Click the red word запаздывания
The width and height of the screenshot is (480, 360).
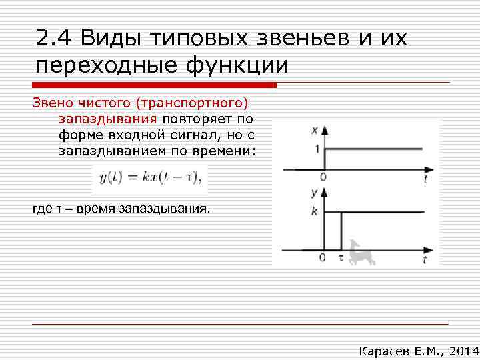click(107, 119)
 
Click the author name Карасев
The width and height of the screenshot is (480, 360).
click(385, 350)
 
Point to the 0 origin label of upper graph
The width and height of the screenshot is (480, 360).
click(323, 177)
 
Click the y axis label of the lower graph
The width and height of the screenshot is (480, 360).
click(313, 193)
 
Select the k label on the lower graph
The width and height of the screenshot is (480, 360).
click(314, 211)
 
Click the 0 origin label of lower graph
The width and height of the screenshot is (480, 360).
click(323, 257)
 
